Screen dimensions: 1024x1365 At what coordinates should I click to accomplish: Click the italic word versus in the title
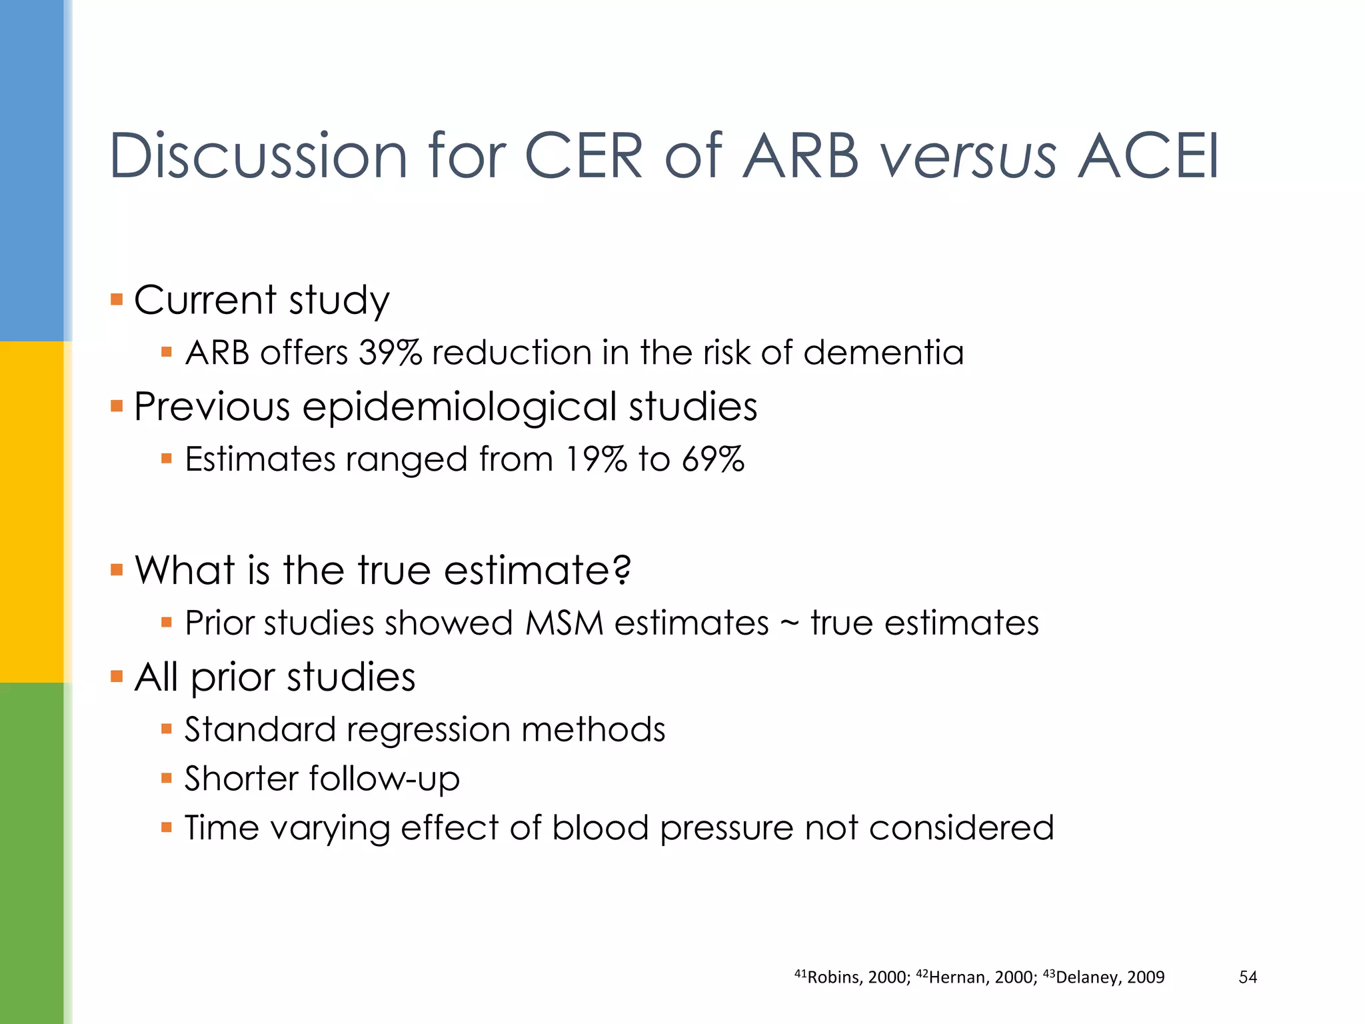pyautogui.click(x=968, y=157)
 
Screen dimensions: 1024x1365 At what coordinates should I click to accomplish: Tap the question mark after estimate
pyautogui.click(x=622, y=570)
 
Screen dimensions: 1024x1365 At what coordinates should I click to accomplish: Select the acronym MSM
pyautogui.click(x=564, y=623)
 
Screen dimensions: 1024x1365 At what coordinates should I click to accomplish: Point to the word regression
pyautogui.click(x=429, y=730)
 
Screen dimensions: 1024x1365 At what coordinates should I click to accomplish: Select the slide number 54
pyautogui.click(x=1247, y=977)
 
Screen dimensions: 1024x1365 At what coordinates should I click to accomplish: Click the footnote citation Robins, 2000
pyautogui.click(x=852, y=977)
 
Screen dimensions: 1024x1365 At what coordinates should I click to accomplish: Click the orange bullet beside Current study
pyautogui.click(x=117, y=299)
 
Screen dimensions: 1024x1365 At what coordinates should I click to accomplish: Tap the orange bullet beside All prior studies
pyautogui.click(x=117, y=677)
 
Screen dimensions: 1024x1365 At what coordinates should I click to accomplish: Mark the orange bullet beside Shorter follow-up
pyautogui.click(x=167, y=778)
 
